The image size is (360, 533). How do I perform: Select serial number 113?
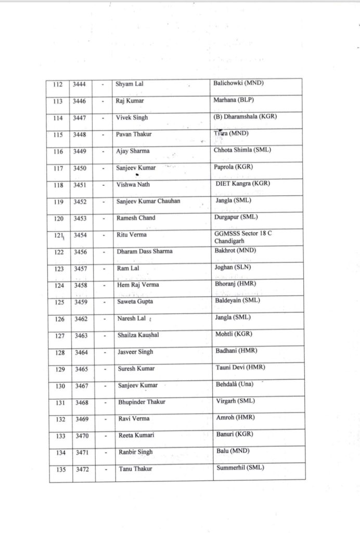[x=58, y=101]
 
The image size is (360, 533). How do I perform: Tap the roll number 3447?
[x=80, y=118]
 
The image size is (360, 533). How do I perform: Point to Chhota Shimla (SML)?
[x=242, y=150]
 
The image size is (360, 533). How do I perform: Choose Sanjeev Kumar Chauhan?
[x=148, y=201]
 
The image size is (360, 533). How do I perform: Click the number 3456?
[x=80, y=251]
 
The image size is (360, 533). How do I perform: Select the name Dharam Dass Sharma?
[x=144, y=251]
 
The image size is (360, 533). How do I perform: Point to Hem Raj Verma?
[x=138, y=285]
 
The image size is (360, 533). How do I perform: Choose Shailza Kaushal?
[x=138, y=335]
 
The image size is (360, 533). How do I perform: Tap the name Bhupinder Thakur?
[x=142, y=402]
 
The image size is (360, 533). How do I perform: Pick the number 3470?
[x=81, y=435]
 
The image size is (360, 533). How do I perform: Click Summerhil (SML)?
[x=239, y=467]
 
